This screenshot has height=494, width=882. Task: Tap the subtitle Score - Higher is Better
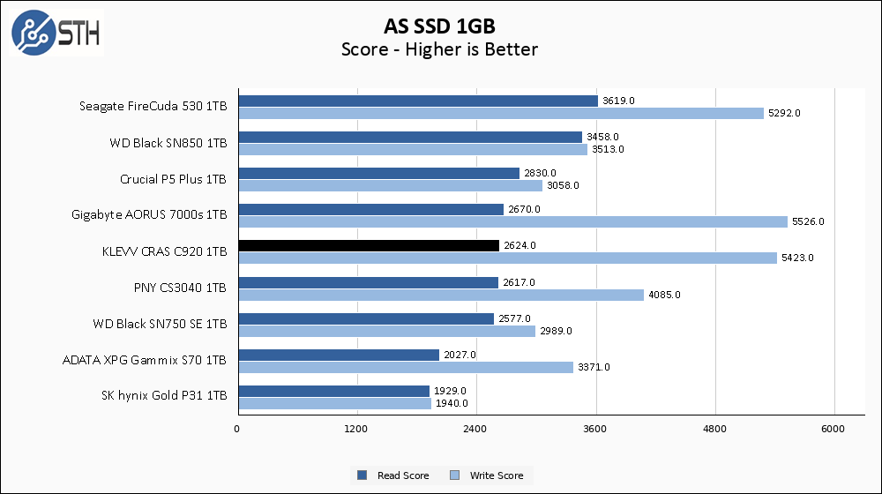point(439,49)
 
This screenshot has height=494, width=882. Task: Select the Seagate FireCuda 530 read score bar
point(417,101)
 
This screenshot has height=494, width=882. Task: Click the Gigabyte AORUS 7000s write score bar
point(512,222)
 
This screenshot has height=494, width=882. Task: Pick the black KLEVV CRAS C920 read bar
point(369,245)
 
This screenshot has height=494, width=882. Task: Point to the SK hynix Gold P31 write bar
point(334,403)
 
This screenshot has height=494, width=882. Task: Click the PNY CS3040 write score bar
point(441,295)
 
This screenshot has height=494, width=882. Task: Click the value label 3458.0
point(603,137)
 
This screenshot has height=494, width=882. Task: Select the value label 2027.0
point(460,355)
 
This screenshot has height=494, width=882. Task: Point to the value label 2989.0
point(557,331)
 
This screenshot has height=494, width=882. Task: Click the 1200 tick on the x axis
point(356,430)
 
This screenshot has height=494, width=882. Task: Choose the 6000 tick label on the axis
point(833,430)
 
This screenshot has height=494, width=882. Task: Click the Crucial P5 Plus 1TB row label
point(173,179)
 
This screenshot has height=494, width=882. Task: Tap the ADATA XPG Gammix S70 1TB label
point(145,360)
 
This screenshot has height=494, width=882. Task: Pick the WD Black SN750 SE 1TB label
point(160,324)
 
